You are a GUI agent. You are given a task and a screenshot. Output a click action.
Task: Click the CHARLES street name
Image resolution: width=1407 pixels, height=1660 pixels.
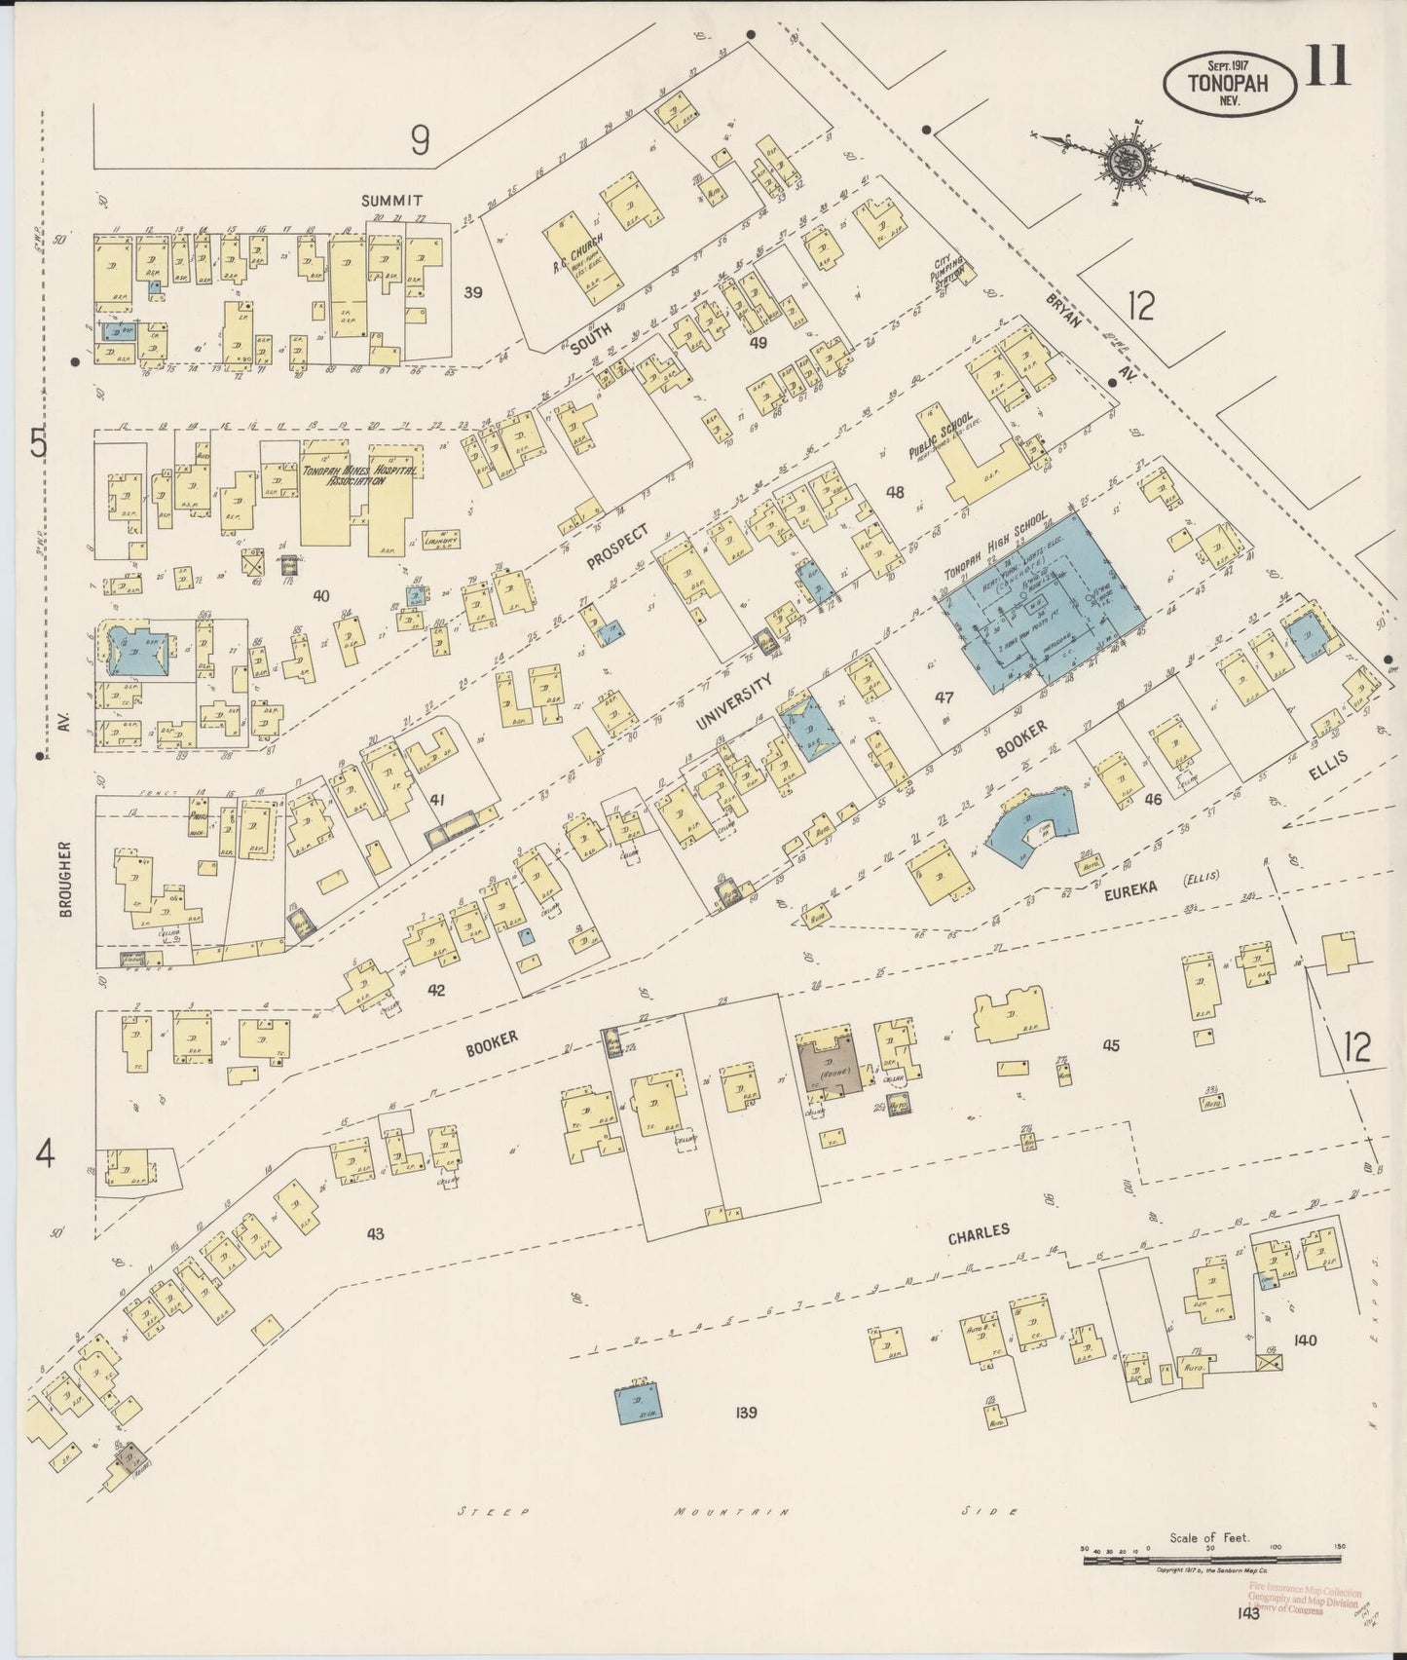coord(979,1233)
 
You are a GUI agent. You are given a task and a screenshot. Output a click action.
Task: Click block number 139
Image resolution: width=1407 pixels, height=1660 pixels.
coord(747,1413)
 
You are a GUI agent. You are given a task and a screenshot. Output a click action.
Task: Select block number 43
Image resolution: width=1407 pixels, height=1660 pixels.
coord(376,1233)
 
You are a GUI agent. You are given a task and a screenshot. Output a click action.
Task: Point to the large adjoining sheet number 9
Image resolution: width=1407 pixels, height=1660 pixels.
coord(420,141)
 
